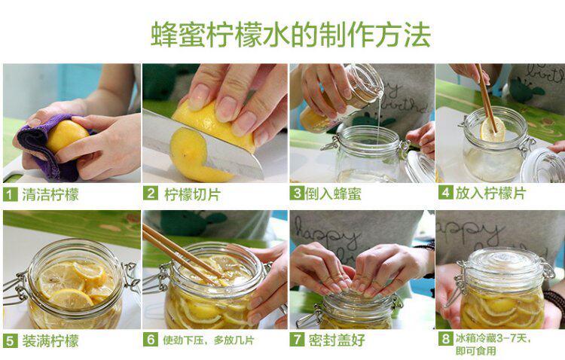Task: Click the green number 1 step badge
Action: pos(10,195)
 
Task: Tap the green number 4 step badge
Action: pos(445,193)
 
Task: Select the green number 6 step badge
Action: pos(150,339)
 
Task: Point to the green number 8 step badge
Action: pos(445,338)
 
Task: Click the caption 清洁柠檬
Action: pos(50,195)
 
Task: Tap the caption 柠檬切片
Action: pos(192,194)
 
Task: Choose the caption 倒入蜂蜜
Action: pos(333,194)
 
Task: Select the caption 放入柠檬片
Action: pos(490,193)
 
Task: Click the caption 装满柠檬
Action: pos(50,340)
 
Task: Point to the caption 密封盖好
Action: pos(337,340)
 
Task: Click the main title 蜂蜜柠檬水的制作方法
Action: pos(291,35)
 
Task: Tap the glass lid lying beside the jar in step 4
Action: pos(542,165)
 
